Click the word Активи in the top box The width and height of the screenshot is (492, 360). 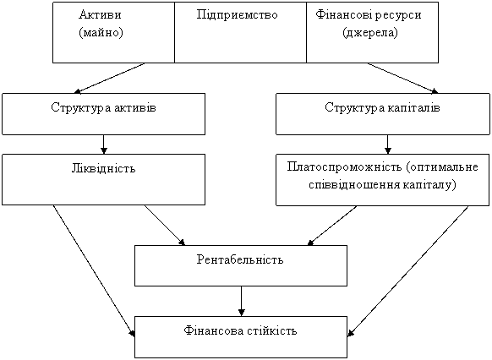[x=100, y=14]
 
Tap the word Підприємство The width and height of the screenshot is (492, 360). [x=238, y=15]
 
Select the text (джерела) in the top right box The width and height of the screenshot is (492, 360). [x=370, y=33]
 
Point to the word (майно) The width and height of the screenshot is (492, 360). [x=101, y=32]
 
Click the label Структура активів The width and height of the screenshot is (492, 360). [x=103, y=107]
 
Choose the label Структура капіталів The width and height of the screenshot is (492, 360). [x=382, y=107]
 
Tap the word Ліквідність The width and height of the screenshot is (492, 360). [x=103, y=168]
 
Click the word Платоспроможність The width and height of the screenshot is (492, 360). [x=344, y=166]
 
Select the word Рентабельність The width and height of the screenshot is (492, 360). [x=240, y=259]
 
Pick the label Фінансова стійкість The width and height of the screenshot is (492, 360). [x=240, y=330]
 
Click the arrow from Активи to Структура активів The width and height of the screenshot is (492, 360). [x=109, y=78]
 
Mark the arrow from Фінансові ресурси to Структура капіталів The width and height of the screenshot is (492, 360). [x=403, y=78]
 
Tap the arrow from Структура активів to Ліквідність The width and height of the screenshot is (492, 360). [x=103, y=145]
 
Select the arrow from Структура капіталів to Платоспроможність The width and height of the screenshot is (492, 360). [x=388, y=145]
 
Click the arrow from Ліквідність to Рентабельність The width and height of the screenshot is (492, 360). [x=165, y=225]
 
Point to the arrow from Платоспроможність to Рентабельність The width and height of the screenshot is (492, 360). [x=332, y=226]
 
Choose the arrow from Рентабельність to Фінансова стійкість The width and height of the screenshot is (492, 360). [x=241, y=302]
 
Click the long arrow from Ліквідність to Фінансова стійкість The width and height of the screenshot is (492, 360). [x=94, y=271]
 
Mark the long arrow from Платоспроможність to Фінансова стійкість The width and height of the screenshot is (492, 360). [x=408, y=271]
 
